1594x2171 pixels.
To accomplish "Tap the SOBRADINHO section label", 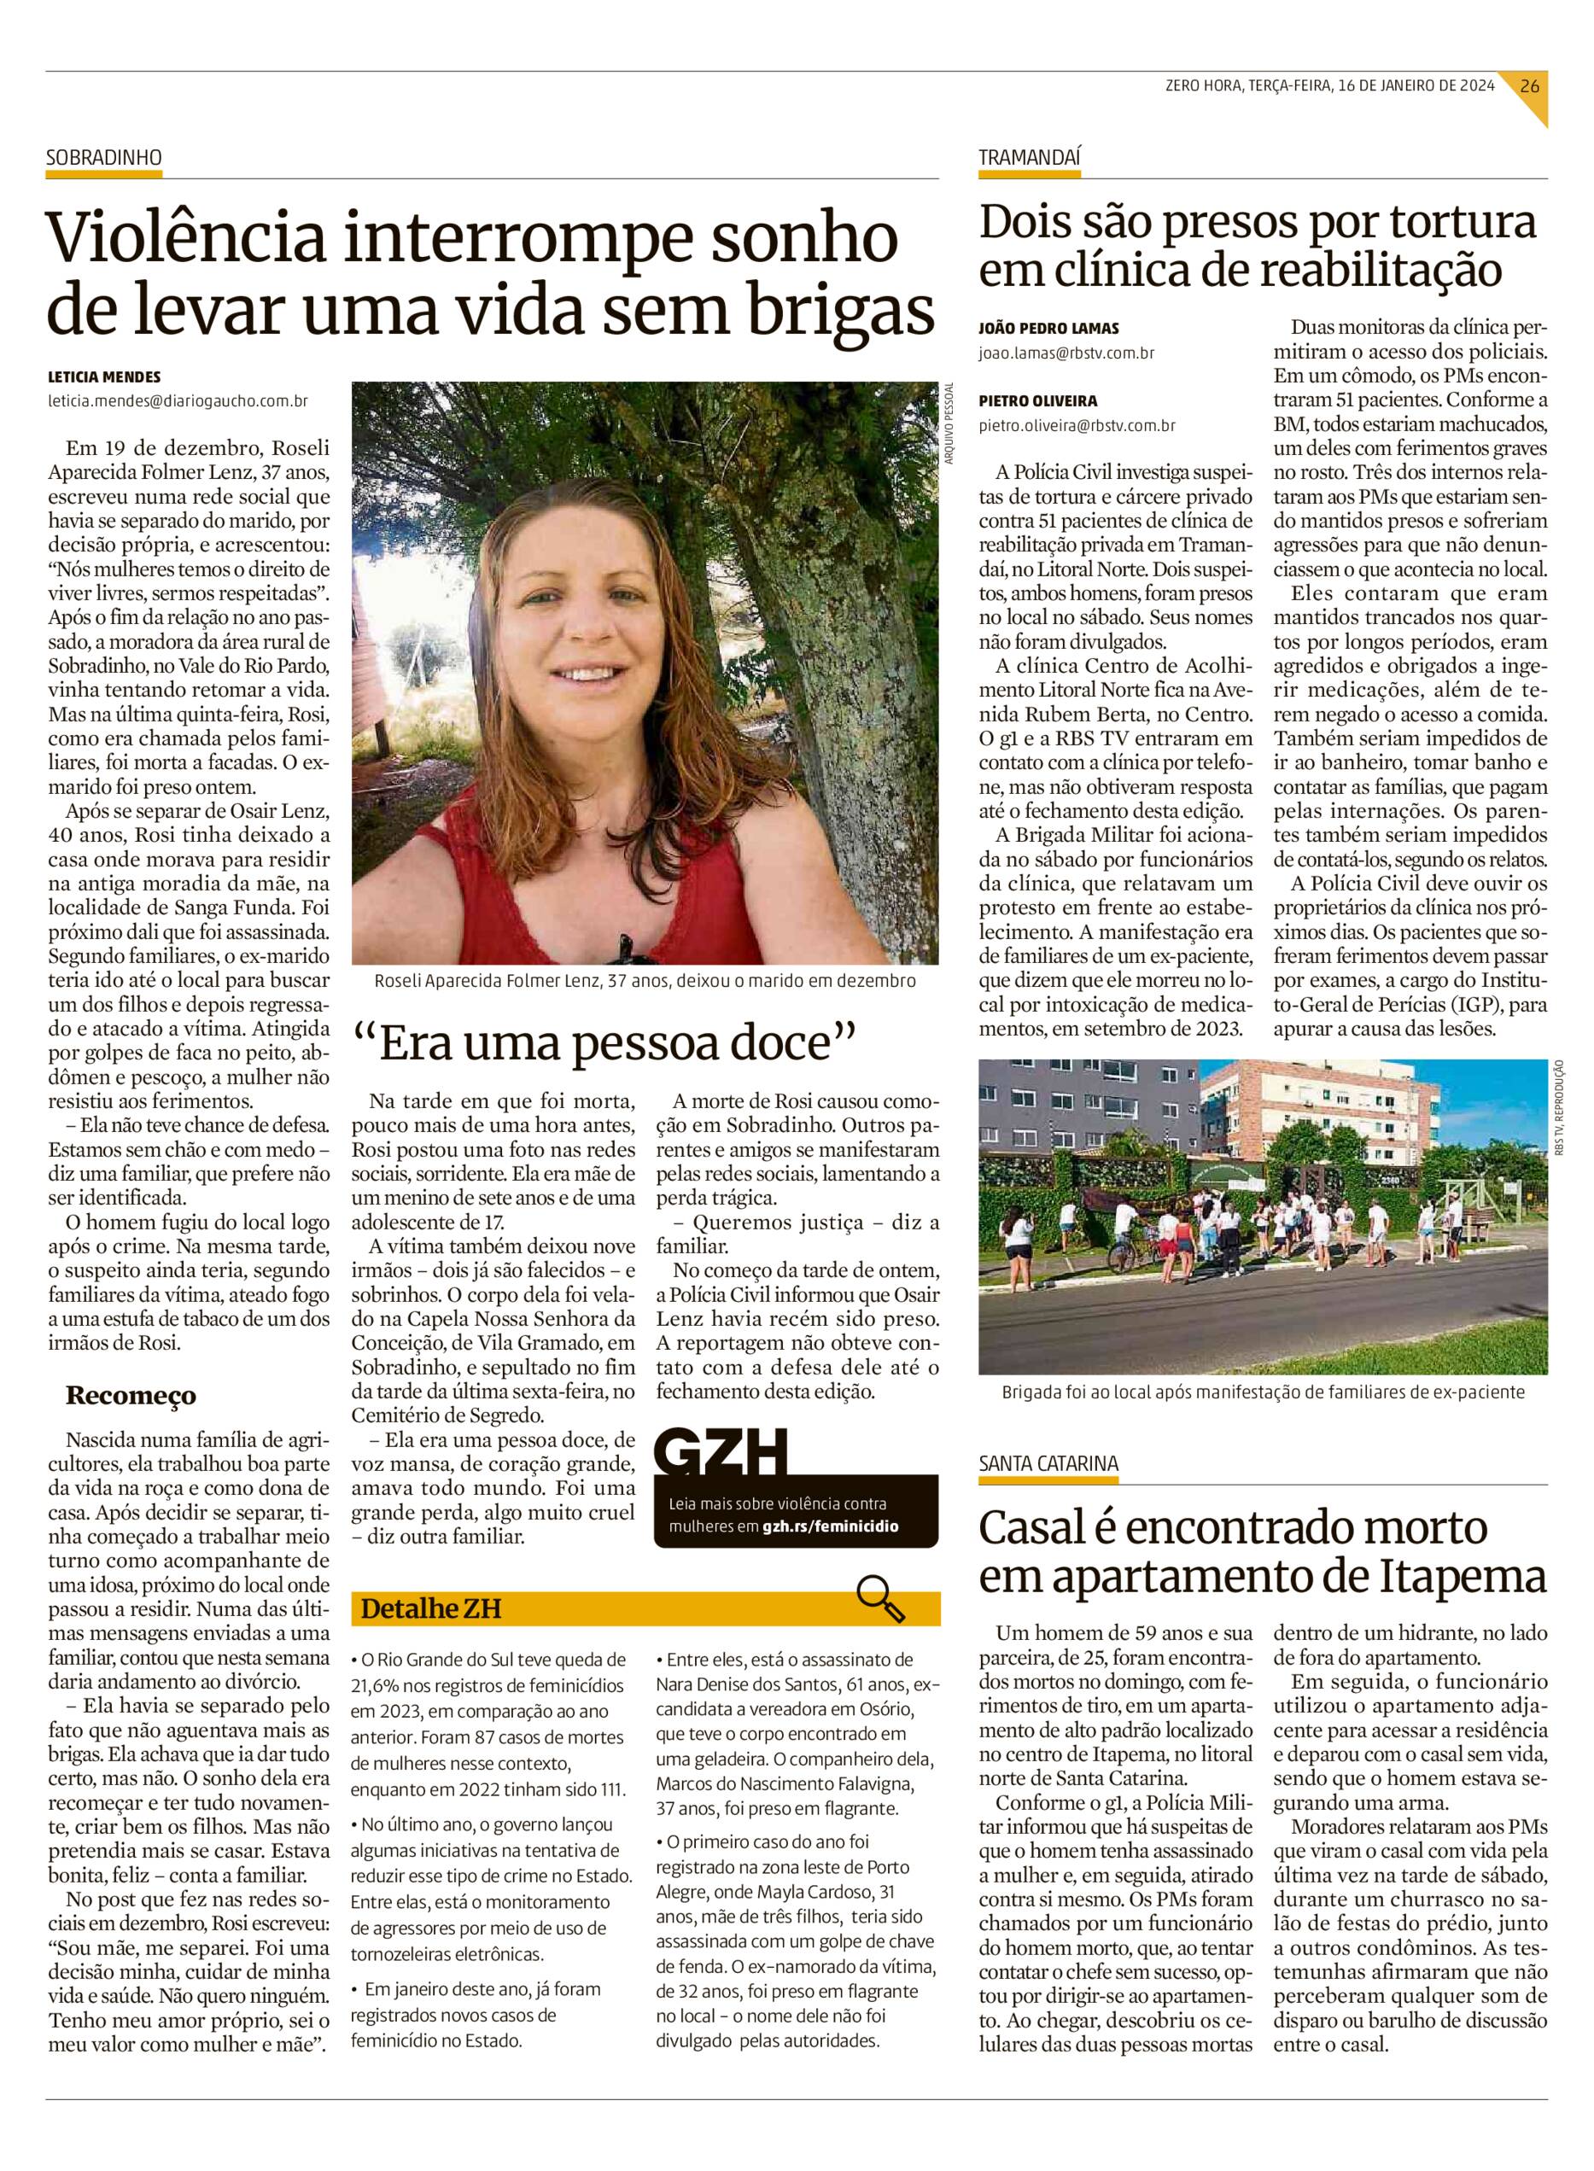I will (104, 158).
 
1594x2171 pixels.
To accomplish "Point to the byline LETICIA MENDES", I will (104, 377).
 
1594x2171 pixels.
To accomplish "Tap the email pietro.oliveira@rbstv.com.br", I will (1077, 424).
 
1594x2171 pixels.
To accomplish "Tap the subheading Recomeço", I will (131, 1395).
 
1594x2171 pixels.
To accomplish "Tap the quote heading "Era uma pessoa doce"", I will (605, 1044).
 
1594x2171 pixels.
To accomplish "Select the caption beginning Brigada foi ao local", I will (1261, 1392).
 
